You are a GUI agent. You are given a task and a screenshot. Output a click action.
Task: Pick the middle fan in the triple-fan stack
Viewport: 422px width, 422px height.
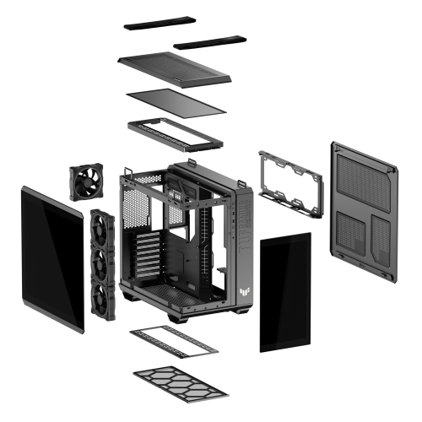click(103, 263)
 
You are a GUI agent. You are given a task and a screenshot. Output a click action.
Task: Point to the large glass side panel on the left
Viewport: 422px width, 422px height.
click(52, 257)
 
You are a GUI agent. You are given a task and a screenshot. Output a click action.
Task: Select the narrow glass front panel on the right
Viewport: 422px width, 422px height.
click(285, 292)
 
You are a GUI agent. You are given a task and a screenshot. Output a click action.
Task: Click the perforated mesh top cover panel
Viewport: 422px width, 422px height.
click(176, 68)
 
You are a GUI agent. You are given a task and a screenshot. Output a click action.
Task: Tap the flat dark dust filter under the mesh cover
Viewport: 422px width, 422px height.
click(176, 103)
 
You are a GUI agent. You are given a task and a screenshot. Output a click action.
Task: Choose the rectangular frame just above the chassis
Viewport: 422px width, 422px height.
click(175, 133)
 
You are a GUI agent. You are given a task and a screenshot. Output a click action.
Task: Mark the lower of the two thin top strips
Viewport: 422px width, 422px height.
click(208, 41)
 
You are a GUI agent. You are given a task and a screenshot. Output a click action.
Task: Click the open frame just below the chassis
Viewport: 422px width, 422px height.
click(173, 339)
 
